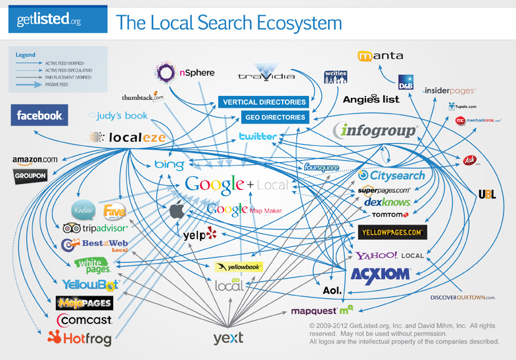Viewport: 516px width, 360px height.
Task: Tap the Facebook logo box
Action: click(x=39, y=116)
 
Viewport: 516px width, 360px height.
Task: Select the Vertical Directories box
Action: click(x=264, y=102)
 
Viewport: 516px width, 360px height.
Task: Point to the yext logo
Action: click(x=228, y=338)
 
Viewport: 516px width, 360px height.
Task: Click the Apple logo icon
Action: click(x=177, y=210)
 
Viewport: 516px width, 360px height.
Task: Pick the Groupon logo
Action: click(x=30, y=176)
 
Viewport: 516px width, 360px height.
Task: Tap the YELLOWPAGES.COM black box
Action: click(x=392, y=233)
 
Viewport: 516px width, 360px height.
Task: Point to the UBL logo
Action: click(x=487, y=194)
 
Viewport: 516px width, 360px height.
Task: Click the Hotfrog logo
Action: click(x=80, y=338)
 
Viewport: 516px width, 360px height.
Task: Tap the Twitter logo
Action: click(x=258, y=137)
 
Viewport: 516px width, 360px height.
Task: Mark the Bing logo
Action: click(x=169, y=164)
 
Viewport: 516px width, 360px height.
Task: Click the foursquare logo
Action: click(x=321, y=168)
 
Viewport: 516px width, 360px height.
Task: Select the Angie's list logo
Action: click(x=371, y=99)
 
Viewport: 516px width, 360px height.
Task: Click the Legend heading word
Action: click(x=25, y=55)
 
